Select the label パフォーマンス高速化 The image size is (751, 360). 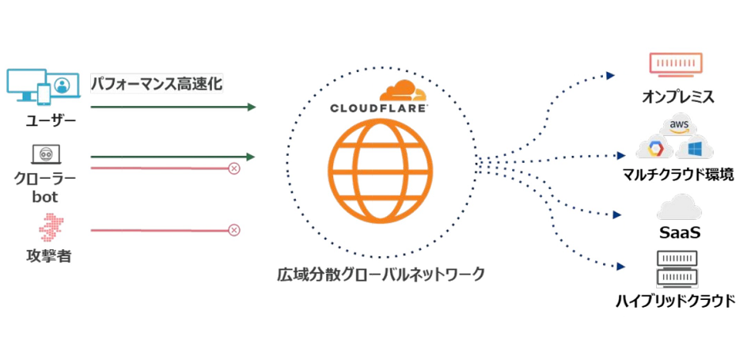click(x=157, y=83)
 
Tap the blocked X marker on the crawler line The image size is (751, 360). click(x=234, y=168)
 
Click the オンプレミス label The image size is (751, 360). click(x=679, y=98)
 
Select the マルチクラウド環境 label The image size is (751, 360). click(x=679, y=175)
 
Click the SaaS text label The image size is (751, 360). click(x=681, y=234)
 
